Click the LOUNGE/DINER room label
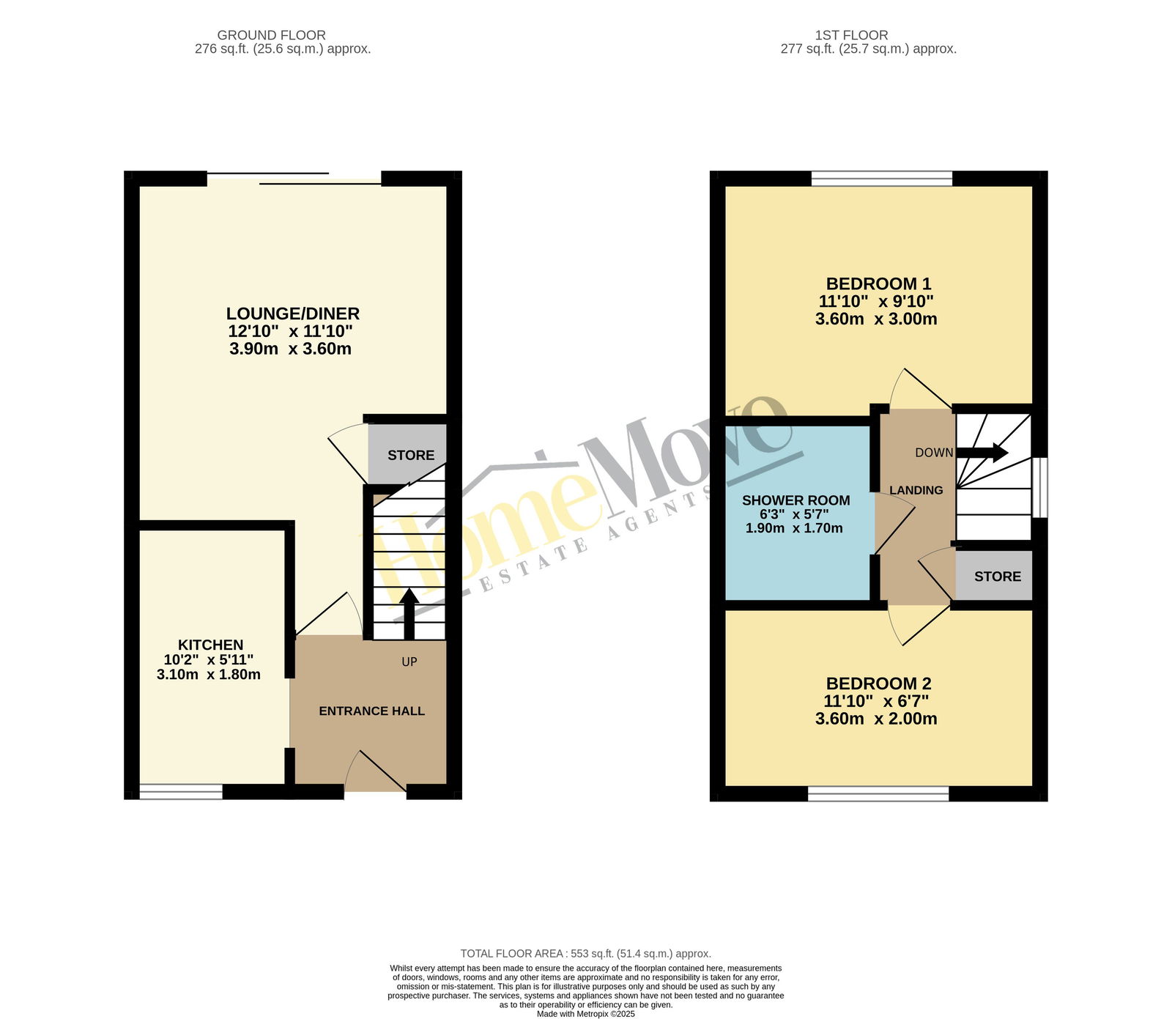click(292, 314)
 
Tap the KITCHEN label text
click(211, 645)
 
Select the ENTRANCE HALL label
click(371, 711)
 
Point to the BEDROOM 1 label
click(878, 284)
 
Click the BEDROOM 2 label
click(878, 683)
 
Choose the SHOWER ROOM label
click(795, 500)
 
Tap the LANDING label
click(916, 490)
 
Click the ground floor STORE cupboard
click(407, 455)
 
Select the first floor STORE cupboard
click(994, 576)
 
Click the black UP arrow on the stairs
click(409, 615)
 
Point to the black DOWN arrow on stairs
click(982, 453)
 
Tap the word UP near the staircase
click(409, 662)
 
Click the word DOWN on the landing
click(934, 453)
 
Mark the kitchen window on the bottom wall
click(181, 791)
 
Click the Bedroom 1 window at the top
click(882, 178)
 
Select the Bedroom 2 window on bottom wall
click(878, 793)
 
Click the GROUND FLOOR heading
click(271, 35)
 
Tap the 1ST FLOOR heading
click(851, 35)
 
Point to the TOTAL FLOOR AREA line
click(586, 954)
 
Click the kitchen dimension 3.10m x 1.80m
click(209, 675)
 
